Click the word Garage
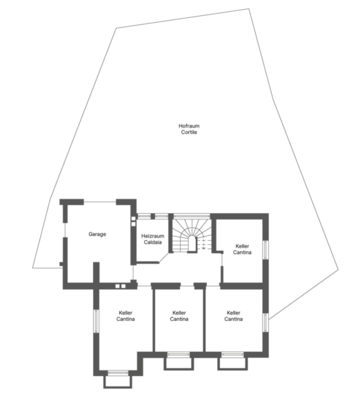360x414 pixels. coord(97,234)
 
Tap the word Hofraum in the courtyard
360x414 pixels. coord(189,126)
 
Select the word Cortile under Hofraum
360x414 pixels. coord(189,132)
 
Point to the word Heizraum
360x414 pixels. coord(152,236)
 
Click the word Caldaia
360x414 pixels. coord(152,242)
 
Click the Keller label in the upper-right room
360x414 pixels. coord(242,246)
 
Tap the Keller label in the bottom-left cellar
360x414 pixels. coord(126,313)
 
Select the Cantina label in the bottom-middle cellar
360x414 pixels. coord(179,319)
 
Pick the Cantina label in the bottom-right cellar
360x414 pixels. coord(233,319)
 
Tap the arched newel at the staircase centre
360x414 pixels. coord(192,244)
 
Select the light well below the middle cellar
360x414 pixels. coord(179,364)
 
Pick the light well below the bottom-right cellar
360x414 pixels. coord(232,364)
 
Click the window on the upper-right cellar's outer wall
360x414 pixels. coord(266,250)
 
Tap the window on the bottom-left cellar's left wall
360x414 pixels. coord(96,321)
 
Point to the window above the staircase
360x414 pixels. coord(192,216)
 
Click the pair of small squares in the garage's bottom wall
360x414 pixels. coord(121,286)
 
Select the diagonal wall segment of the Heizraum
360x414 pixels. coord(163,258)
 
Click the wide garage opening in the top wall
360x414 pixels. coord(100,202)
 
